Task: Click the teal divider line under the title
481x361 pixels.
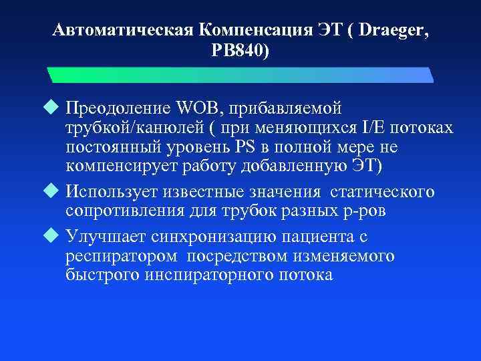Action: click(240, 74)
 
